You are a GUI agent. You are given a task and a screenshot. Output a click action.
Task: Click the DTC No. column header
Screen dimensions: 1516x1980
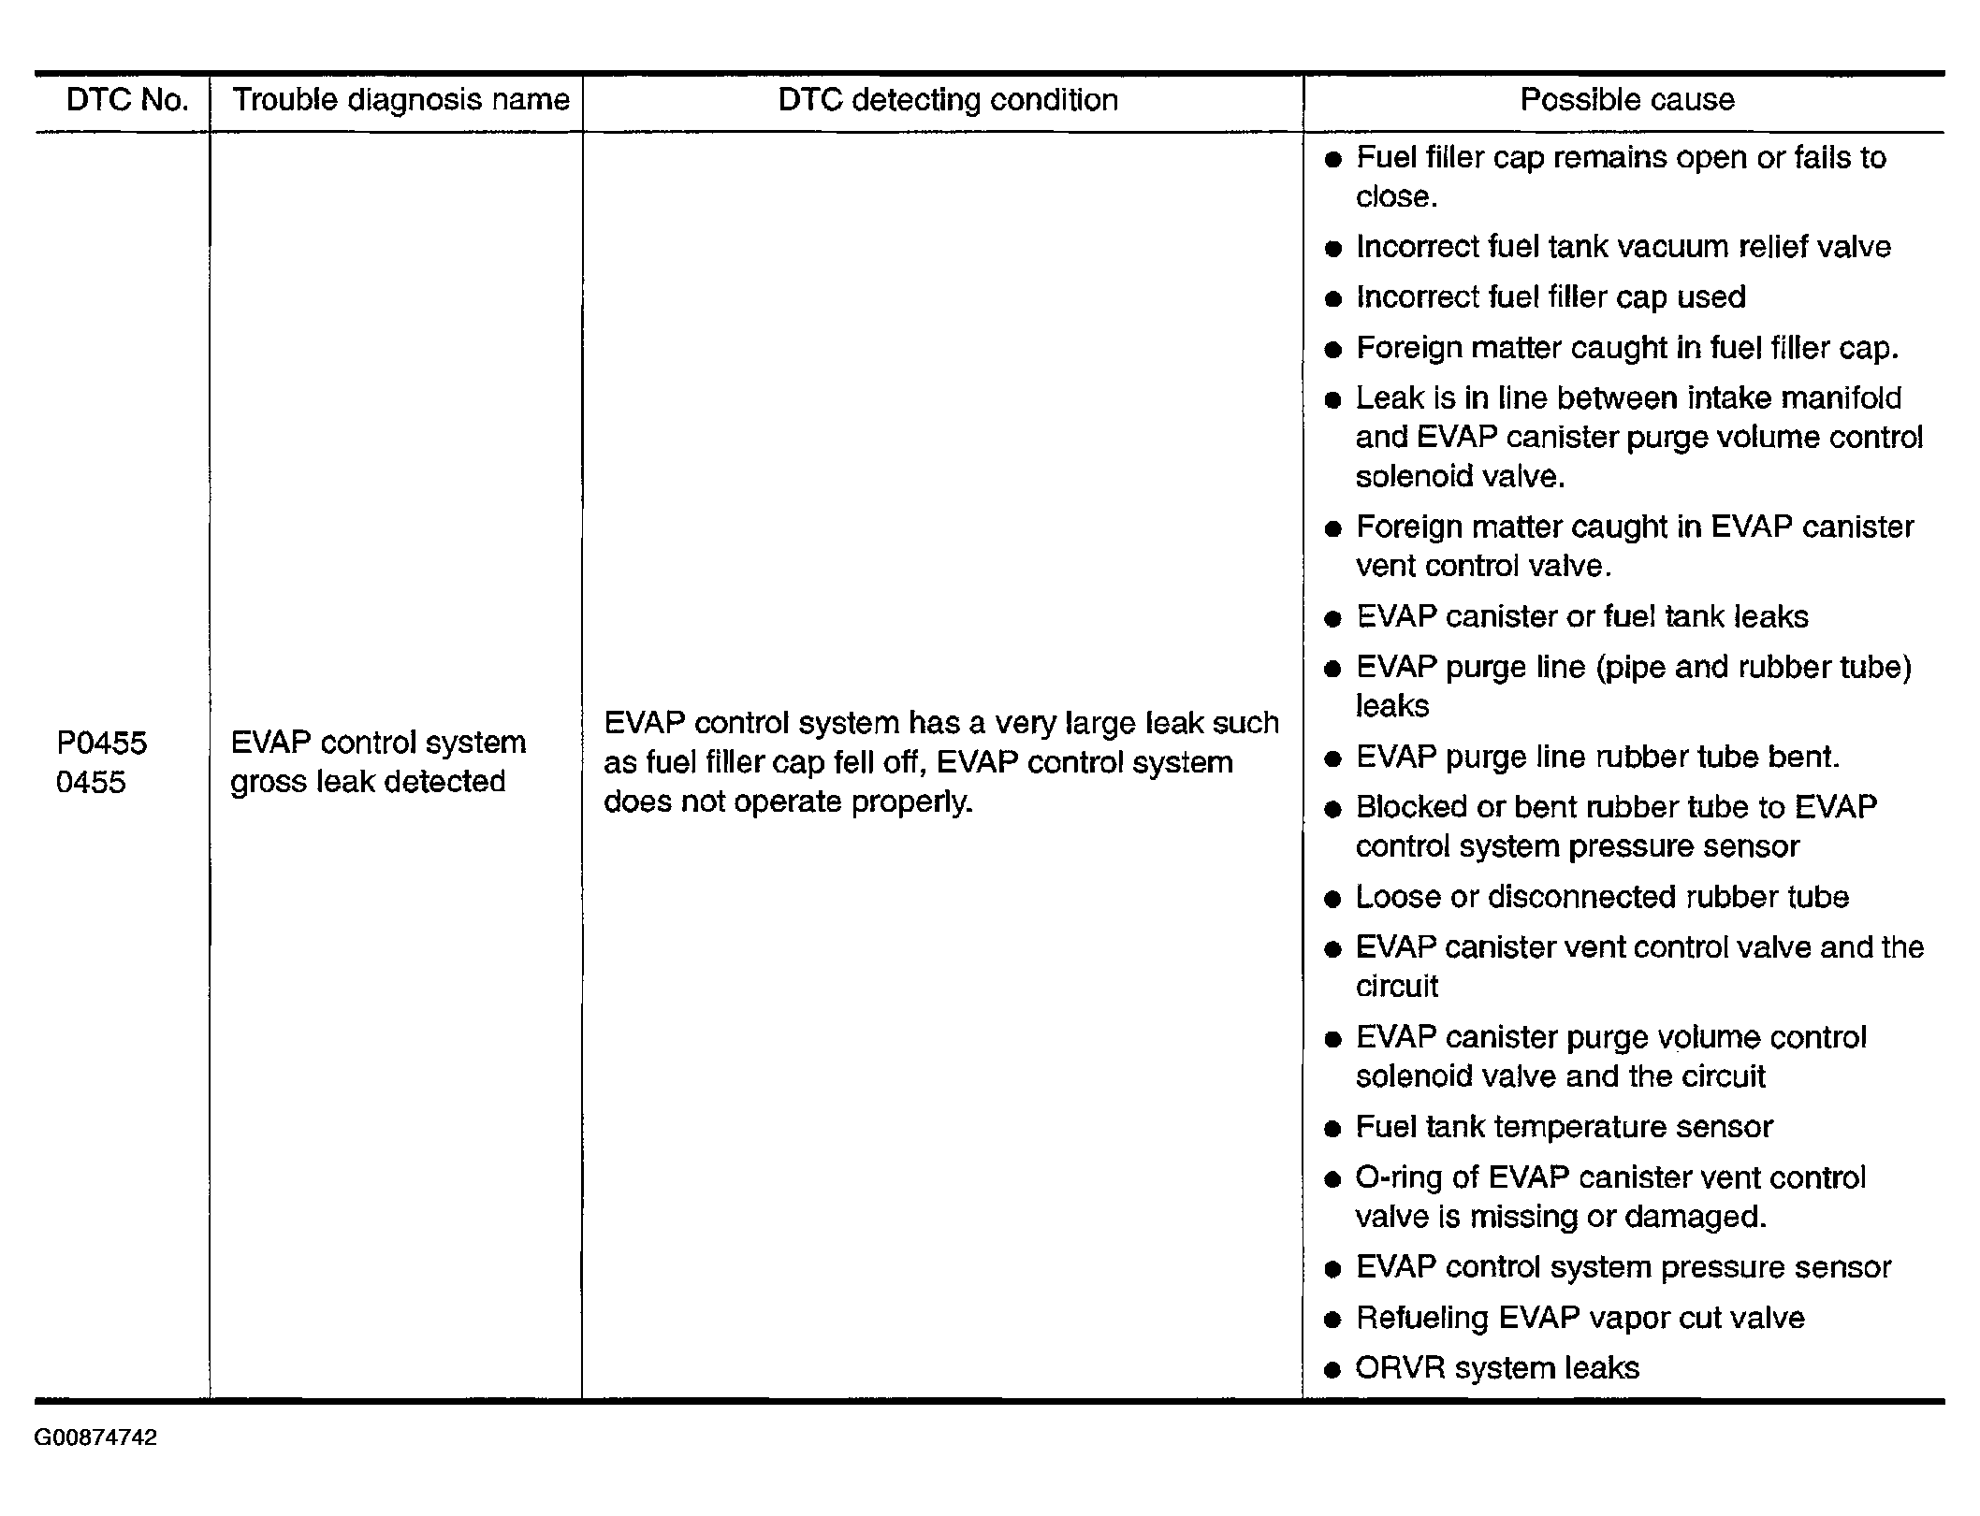[127, 100]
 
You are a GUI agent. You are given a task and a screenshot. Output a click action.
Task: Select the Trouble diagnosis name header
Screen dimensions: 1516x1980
[400, 100]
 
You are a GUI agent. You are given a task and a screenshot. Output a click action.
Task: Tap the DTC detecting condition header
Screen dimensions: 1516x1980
[948, 100]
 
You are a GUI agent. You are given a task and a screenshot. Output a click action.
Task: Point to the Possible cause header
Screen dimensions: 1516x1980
[1627, 100]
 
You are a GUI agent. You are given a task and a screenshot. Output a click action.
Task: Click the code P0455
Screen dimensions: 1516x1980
[102, 744]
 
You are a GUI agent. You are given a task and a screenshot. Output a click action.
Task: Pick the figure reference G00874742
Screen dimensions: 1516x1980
[95, 1437]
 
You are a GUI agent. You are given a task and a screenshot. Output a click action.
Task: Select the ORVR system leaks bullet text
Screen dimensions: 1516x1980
[1497, 1368]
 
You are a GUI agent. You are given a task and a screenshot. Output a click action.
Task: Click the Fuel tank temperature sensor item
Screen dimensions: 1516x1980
[1564, 1127]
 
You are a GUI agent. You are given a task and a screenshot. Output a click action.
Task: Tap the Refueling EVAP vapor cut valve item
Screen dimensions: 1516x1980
[1580, 1318]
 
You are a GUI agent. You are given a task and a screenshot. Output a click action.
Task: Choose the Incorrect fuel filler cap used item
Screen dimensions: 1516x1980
[1551, 297]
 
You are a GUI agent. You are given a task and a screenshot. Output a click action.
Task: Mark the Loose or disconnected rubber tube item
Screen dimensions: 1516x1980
[1602, 897]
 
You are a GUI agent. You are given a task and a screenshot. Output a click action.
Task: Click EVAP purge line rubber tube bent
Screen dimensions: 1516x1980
[1597, 757]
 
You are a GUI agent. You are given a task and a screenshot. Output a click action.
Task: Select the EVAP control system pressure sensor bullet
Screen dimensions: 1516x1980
[1623, 1267]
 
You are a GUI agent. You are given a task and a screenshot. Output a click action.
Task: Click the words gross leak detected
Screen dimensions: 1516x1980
[368, 782]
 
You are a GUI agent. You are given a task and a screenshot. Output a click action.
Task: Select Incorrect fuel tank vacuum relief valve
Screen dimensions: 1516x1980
[1623, 247]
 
